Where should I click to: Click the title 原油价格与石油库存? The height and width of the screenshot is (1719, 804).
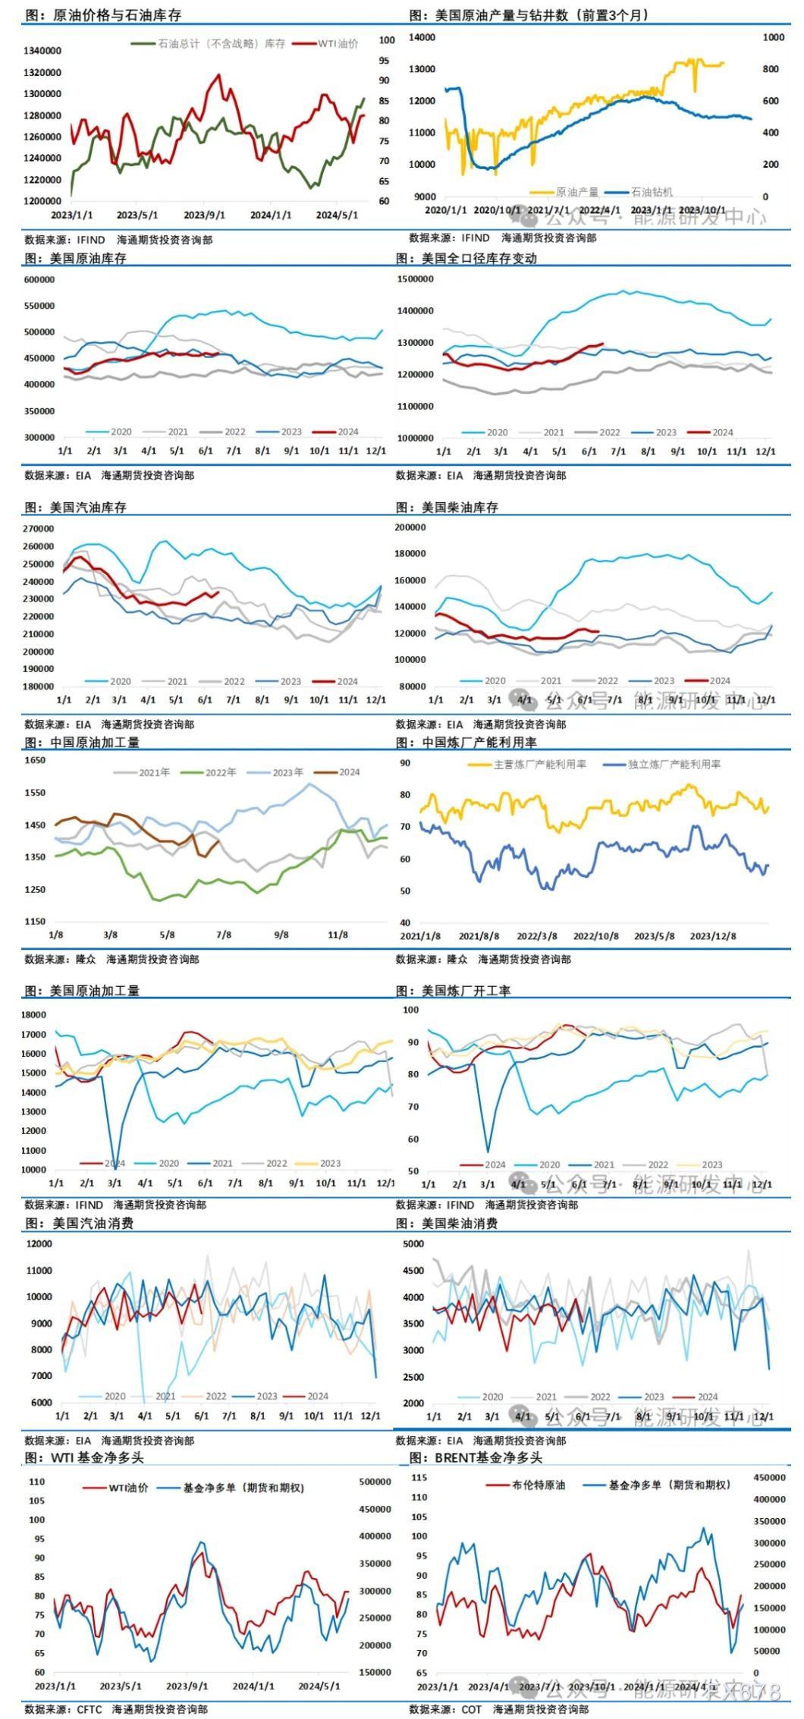117,15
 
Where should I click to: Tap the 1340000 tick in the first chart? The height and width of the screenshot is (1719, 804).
42,51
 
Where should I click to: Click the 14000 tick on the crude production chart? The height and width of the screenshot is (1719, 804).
422,36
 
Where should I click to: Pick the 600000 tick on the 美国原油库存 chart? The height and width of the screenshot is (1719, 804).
39,280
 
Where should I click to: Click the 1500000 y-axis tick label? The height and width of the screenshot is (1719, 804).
415,279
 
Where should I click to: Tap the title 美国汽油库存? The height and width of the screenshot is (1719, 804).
88,508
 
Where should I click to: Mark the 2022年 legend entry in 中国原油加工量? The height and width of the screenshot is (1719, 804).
221,772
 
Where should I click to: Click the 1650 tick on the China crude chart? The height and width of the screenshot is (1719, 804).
35,760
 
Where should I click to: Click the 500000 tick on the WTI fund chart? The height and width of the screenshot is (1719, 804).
375,1482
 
